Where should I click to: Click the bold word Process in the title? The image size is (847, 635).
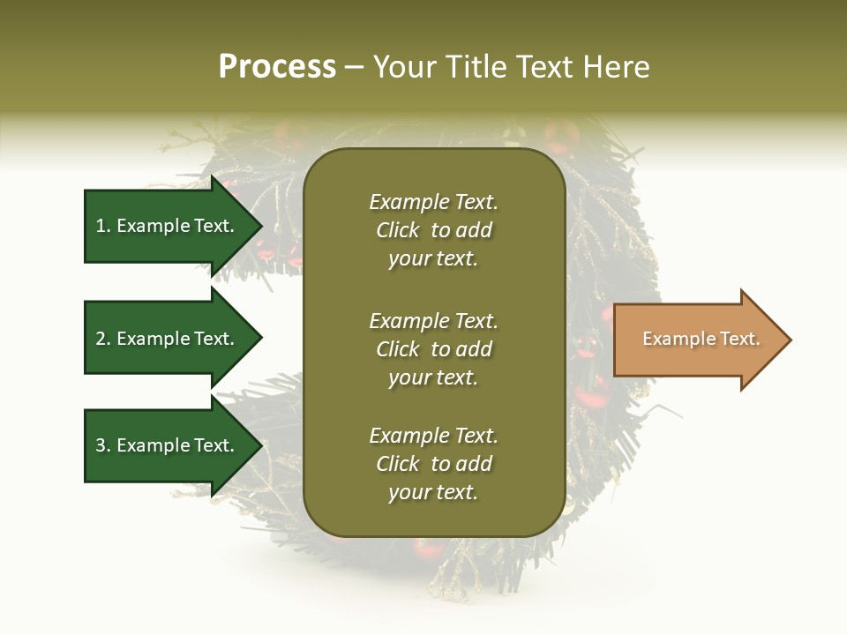277,67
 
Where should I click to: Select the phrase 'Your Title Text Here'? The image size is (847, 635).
511,67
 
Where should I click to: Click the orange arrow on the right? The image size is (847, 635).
697,340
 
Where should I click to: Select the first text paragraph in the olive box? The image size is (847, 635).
433,230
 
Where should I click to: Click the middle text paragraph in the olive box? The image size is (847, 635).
433,349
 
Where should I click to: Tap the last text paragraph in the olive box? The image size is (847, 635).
433,464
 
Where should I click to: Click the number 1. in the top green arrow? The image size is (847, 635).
103,226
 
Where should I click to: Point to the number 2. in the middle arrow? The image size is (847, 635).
103,339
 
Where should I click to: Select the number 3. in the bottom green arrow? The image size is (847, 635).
103,445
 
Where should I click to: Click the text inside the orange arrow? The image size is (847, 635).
701,339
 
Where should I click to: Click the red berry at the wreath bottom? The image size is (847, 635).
429,549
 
